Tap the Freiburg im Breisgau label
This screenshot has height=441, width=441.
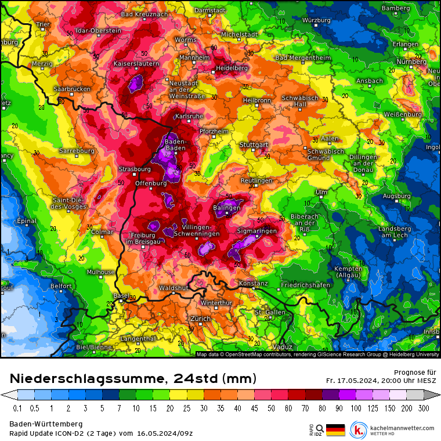(140, 238)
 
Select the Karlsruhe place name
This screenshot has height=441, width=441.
(189, 117)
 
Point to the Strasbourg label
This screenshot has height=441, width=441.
(135, 169)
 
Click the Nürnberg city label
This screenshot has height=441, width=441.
(411, 62)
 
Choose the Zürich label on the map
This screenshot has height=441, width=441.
(200, 319)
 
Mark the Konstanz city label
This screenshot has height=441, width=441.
(253, 284)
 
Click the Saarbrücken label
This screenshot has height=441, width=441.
(72, 89)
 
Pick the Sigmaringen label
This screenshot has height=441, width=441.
(257, 230)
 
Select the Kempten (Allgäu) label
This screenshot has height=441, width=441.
(348, 272)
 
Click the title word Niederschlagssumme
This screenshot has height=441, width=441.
(85, 379)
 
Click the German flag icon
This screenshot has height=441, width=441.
(335, 429)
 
